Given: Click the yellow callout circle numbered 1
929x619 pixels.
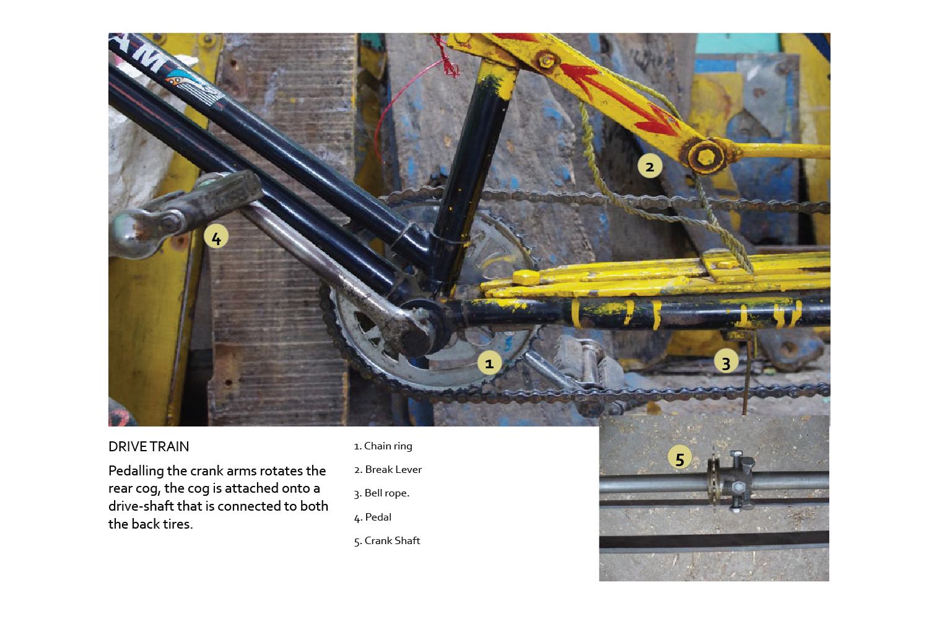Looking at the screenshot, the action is [x=489, y=363].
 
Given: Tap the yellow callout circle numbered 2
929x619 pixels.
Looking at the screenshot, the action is [x=650, y=166].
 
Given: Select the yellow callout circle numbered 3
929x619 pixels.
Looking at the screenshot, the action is [x=726, y=361].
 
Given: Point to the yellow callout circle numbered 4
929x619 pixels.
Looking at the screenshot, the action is [x=216, y=236].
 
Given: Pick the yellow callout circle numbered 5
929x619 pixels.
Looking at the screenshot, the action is [x=680, y=458].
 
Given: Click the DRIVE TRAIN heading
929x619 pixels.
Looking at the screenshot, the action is [x=149, y=446].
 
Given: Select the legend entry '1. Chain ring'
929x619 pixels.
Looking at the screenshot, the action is [x=383, y=446].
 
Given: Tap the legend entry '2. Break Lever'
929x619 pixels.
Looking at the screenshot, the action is [x=388, y=470].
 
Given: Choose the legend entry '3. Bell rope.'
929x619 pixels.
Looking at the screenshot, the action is [x=382, y=493].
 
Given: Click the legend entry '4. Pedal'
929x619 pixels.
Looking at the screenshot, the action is [x=372, y=517].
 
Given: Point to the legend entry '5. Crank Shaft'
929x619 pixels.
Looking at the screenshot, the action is [x=387, y=540].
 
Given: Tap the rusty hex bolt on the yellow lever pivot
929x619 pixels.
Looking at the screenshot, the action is [x=705, y=157].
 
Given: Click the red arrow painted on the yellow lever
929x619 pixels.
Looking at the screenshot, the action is [x=618, y=97].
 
